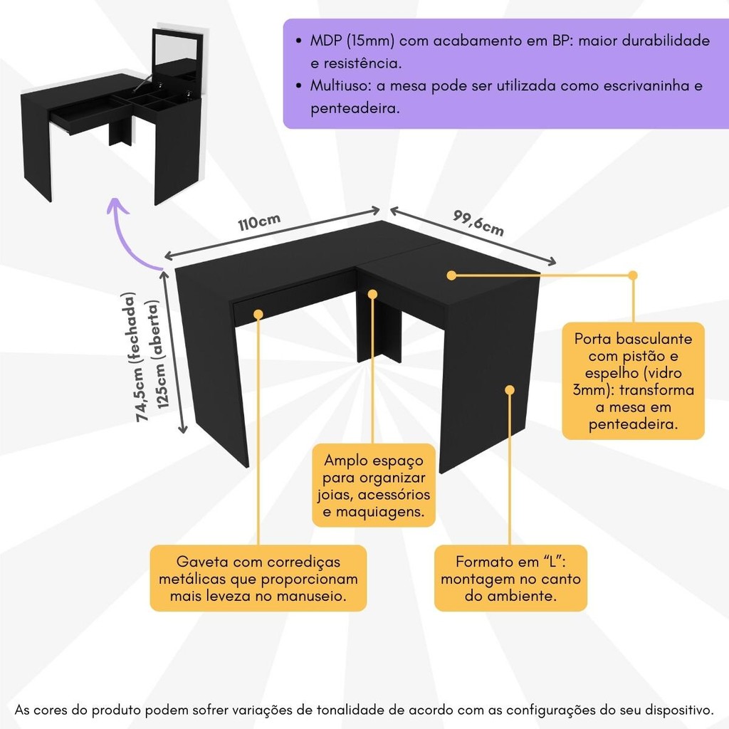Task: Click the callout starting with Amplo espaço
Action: [x=374, y=486]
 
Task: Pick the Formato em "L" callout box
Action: [x=510, y=578]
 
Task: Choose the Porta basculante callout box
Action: [x=633, y=381]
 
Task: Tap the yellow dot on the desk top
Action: [x=451, y=274]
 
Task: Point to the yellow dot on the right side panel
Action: [x=510, y=389]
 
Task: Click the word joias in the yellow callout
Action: [x=333, y=495]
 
